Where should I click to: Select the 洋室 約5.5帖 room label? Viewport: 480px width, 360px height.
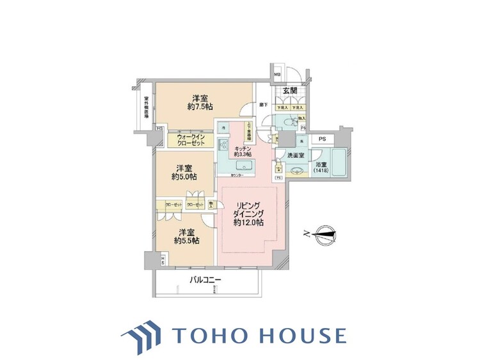(x=186, y=236)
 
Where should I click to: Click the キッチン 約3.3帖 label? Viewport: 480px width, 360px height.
(x=241, y=151)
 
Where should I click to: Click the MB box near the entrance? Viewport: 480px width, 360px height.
(x=277, y=74)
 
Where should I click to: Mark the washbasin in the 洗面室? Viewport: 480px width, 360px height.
(x=295, y=171)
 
